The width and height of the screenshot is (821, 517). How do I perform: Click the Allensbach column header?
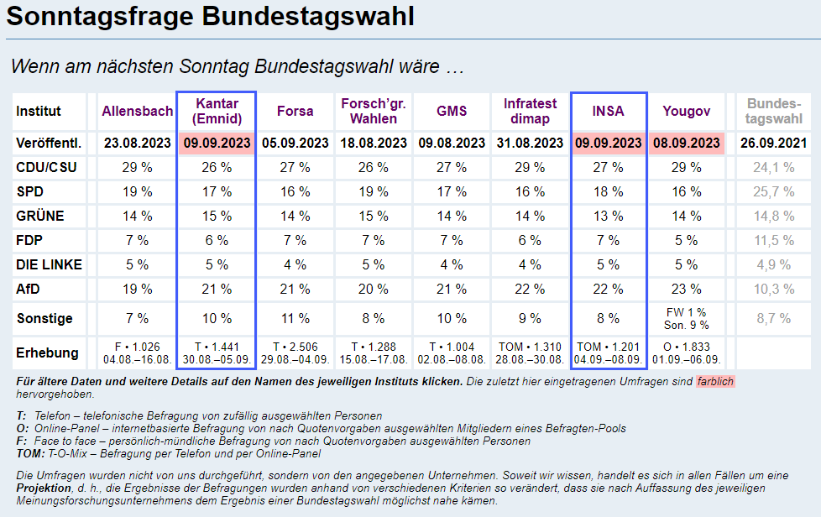tap(138, 111)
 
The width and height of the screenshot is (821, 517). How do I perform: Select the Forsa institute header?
tap(295, 111)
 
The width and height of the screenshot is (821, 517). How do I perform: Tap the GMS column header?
tap(452, 111)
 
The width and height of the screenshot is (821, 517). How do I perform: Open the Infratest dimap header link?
tap(530, 111)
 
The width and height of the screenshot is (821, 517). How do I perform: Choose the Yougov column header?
tap(686, 111)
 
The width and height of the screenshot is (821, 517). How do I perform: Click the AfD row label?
tap(29, 290)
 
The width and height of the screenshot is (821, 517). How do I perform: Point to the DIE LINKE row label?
tap(49, 265)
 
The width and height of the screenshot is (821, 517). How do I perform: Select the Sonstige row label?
tap(44, 319)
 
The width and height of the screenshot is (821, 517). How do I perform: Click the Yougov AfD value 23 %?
tap(687, 290)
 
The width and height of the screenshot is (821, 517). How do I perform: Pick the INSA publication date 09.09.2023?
tap(609, 143)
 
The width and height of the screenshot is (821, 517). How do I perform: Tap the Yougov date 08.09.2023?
tap(687, 143)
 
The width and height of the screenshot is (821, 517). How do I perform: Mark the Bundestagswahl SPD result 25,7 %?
tap(773, 191)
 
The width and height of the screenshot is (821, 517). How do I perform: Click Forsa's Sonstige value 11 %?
tap(295, 319)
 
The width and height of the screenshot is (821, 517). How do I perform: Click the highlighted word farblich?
tap(715, 382)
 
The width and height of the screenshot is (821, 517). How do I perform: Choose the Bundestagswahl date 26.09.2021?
tap(773, 143)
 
